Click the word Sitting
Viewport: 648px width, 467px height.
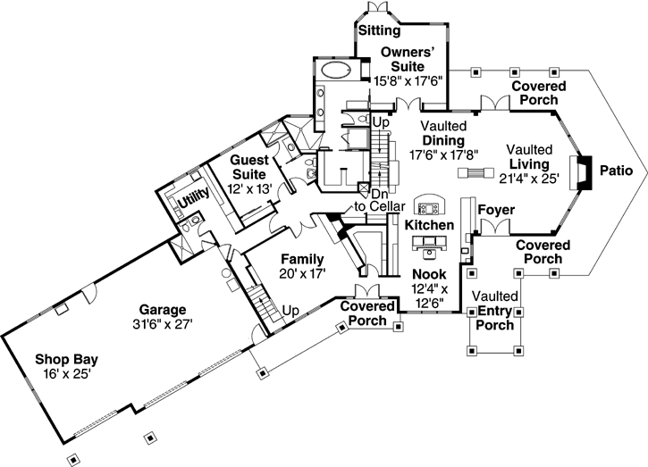click(380, 30)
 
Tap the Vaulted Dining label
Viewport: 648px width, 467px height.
click(437, 135)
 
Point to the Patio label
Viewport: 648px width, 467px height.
click(616, 169)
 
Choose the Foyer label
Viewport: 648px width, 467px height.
click(496, 211)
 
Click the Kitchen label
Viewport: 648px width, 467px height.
click(429, 225)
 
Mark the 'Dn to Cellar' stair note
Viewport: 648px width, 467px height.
click(374, 200)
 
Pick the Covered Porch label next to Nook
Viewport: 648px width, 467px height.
click(365, 313)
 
